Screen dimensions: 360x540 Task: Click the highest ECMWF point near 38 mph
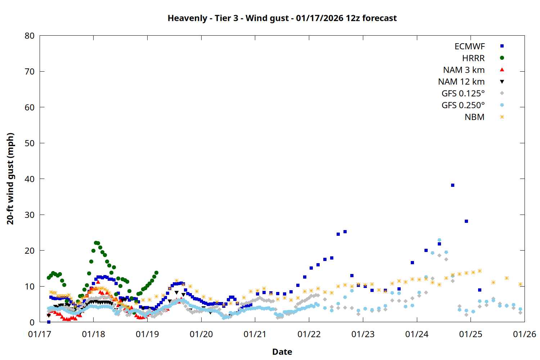tap(453, 185)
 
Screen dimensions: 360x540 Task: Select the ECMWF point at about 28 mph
tap(466, 221)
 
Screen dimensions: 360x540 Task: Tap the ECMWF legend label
tap(469, 46)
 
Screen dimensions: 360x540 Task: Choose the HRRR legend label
tap(473, 58)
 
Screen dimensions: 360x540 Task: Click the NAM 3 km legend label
tap(464, 70)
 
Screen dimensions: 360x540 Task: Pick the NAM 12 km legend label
tap(461, 82)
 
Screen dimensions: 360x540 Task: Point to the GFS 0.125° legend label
tap(463, 94)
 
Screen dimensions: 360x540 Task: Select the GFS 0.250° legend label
tap(463, 105)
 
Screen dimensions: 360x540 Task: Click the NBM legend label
tap(474, 117)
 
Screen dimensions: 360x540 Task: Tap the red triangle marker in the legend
tap(502, 69)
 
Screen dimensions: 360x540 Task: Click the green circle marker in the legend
tap(502, 58)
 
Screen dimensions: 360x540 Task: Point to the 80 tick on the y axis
tap(30, 36)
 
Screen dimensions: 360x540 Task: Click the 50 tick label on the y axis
tap(30, 143)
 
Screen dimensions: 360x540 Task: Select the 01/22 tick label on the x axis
tap(309, 334)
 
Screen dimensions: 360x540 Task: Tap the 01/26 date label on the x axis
tap(525, 334)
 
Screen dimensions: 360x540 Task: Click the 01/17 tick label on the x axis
tap(40, 334)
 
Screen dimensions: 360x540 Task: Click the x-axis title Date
tap(282, 352)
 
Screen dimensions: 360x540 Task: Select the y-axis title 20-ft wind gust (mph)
tap(10, 179)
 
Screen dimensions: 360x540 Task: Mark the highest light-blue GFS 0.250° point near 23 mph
tap(439, 240)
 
